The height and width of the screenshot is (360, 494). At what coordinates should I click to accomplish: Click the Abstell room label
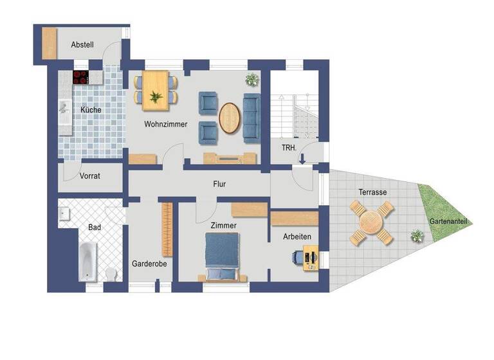(82, 44)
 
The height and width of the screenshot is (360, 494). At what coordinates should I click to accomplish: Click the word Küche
(91, 110)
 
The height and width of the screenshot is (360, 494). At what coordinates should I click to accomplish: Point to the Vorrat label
(90, 175)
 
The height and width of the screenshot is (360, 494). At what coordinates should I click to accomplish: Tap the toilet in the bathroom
(110, 274)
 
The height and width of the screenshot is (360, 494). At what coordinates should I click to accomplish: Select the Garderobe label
(149, 264)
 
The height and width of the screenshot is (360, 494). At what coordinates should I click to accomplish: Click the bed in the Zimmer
(222, 256)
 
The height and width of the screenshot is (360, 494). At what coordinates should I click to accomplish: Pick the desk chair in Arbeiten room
(298, 258)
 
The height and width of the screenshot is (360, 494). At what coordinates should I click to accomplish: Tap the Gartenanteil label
(449, 222)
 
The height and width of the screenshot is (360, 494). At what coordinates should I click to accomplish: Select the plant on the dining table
(155, 97)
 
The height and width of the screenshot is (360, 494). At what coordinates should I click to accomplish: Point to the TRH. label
(289, 147)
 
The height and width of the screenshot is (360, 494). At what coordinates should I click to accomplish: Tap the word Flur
(219, 184)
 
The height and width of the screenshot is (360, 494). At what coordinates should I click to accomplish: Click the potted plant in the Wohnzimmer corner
(252, 80)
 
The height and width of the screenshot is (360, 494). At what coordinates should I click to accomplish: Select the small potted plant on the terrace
(418, 237)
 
